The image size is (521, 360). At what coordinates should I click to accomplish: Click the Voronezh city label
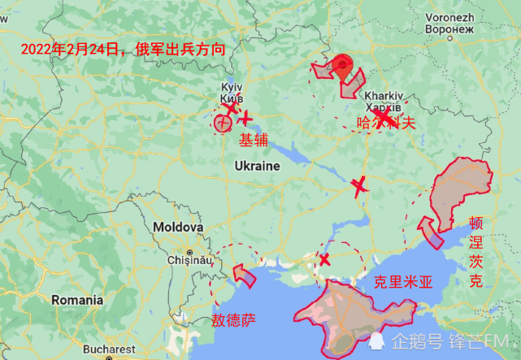pyautogui.click(x=449, y=16)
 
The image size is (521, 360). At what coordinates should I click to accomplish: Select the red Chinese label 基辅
pyautogui.click(x=253, y=140)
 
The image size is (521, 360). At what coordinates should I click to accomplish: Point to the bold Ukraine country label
pyautogui.click(x=257, y=166)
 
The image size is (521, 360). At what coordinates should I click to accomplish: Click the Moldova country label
pyautogui.click(x=178, y=227)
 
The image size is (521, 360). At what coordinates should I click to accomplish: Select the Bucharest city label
pyautogui.click(x=108, y=349)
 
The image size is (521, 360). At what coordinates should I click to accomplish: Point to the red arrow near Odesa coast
pyautogui.click(x=243, y=274)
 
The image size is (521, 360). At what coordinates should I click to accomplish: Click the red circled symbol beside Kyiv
pyautogui.click(x=222, y=124)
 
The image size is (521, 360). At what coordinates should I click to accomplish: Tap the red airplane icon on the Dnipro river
pyautogui.click(x=359, y=187)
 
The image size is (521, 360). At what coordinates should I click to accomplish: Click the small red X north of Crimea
pyautogui.click(x=324, y=260)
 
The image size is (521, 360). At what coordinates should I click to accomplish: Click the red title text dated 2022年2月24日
pyautogui.click(x=123, y=49)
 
